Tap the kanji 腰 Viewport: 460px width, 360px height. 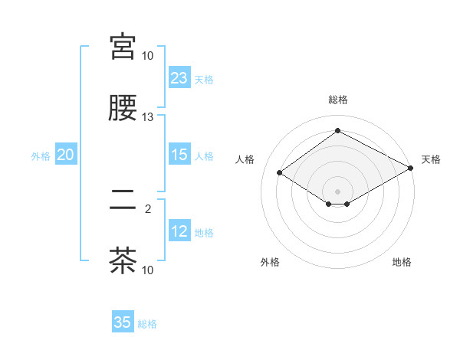coord(123,108)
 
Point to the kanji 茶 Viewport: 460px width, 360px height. coord(123,260)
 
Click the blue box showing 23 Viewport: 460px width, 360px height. coord(179,78)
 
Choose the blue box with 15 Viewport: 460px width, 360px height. coord(179,155)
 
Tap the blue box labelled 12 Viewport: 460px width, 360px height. coord(179,231)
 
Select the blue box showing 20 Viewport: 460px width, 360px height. coord(65,155)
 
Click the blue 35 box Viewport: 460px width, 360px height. coord(123,322)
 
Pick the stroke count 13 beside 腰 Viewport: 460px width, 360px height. coord(148,117)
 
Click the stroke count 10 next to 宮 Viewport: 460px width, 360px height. coord(148,56)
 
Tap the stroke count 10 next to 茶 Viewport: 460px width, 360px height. coord(148,270)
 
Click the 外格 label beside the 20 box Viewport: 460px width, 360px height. coord(41,155)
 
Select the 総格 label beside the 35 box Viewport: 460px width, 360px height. coord(147,324)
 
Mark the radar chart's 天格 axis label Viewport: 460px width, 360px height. coord(431,159)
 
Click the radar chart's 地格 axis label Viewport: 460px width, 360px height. coord(402,262)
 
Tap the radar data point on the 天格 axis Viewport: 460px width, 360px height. coord(412,169)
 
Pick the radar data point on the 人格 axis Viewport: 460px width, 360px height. coord(280,173)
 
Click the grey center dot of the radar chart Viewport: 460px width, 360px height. coord(337,191)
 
